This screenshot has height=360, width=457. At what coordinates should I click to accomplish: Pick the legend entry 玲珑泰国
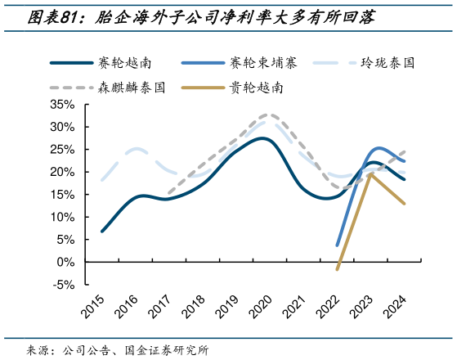tap(387, 62)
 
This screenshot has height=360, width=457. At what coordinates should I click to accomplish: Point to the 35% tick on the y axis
tap(62, 105)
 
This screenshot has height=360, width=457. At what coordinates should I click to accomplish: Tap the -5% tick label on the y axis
tap(64, 285)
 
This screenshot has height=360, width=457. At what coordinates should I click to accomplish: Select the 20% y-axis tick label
tap(62, 173)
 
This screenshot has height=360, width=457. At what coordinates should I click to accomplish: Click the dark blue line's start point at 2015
tap(102, 232)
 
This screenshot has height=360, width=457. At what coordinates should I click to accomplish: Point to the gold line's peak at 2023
tap(370, 173)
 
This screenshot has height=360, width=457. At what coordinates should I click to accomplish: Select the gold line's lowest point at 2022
tap(338, 269)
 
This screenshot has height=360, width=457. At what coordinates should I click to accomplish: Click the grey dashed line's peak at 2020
tap(268, 115)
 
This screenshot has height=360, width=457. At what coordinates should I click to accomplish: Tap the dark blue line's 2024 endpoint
tap(405, 180)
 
